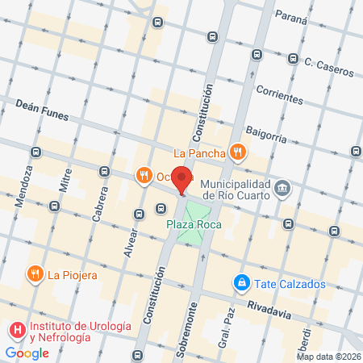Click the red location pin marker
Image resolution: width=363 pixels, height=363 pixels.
[182, 181]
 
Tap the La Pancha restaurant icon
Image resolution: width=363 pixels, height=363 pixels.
[237, 151]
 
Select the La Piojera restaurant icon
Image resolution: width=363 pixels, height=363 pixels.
[35, 274]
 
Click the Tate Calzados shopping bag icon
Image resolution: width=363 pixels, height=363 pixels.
[240, 282]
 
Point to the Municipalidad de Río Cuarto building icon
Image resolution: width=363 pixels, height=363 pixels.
[282, 189]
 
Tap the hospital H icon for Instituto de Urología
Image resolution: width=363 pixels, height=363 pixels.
[17, 331]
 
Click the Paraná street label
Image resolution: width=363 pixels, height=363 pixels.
[290, 15]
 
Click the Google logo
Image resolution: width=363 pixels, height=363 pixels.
[27, 353]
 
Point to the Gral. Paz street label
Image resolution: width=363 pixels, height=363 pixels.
[227, 322]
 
